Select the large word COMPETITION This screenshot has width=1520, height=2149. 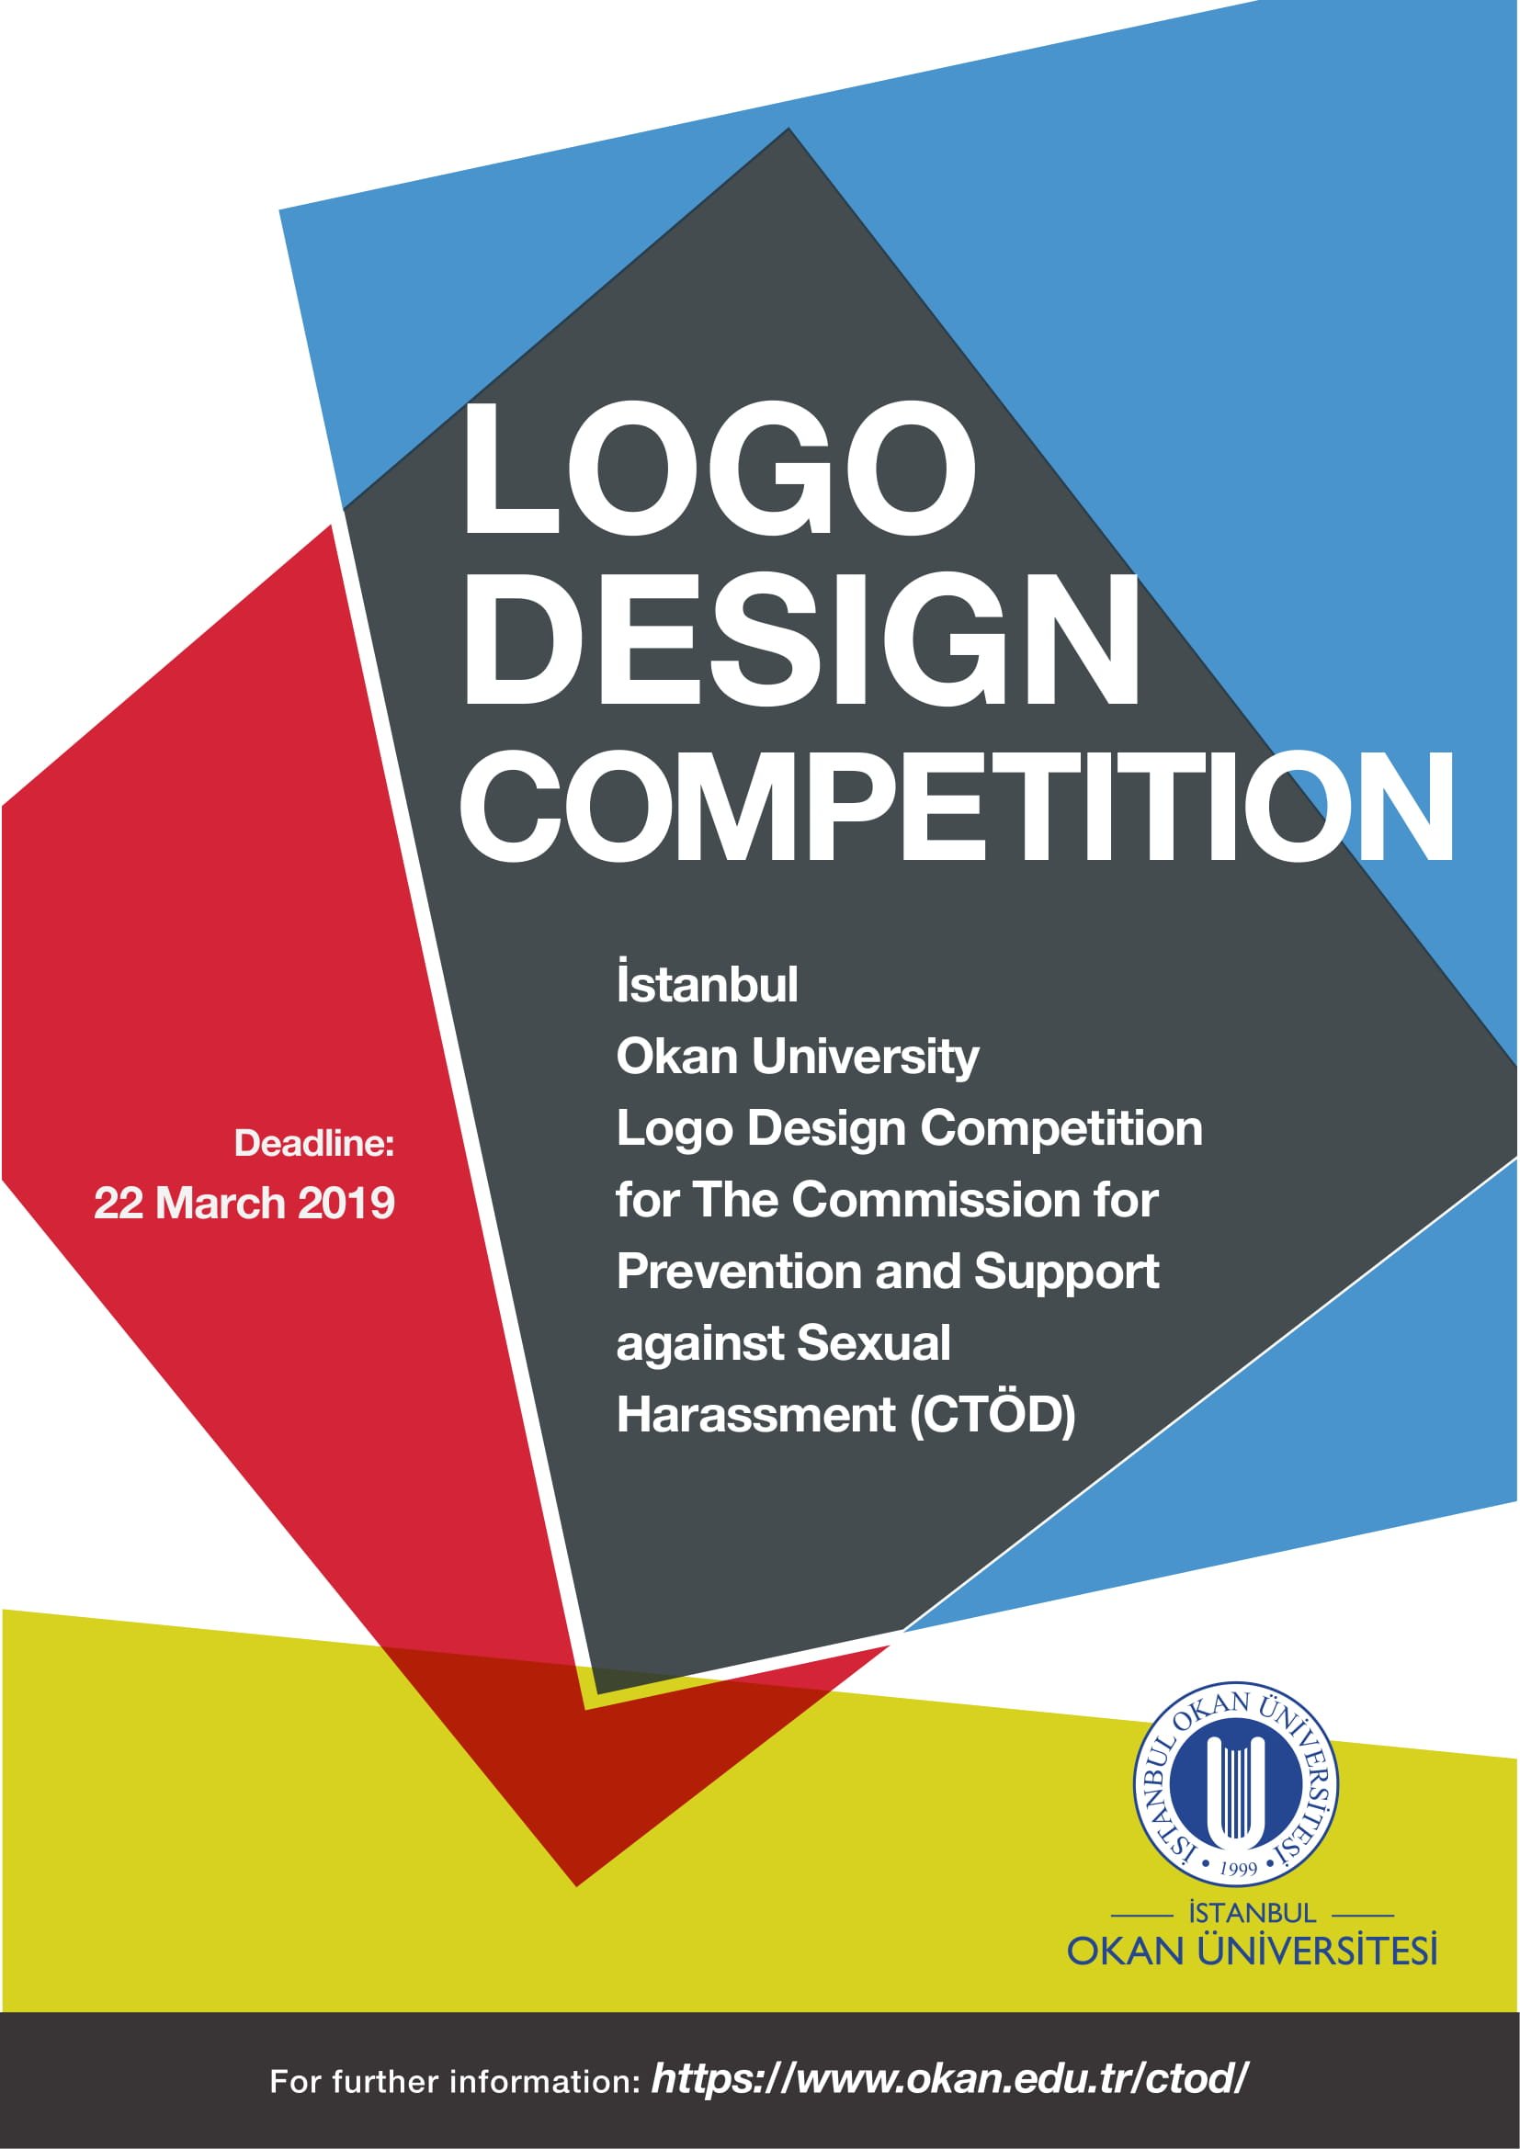pos(957,804)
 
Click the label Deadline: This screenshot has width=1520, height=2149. pos(314,1143)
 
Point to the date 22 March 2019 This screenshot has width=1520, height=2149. pos(244,1203)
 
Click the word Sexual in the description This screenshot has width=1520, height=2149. pos(874,1343)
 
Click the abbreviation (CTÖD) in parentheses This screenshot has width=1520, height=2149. pos(993,1414)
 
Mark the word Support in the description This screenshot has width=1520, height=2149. pos(1067,1272)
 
